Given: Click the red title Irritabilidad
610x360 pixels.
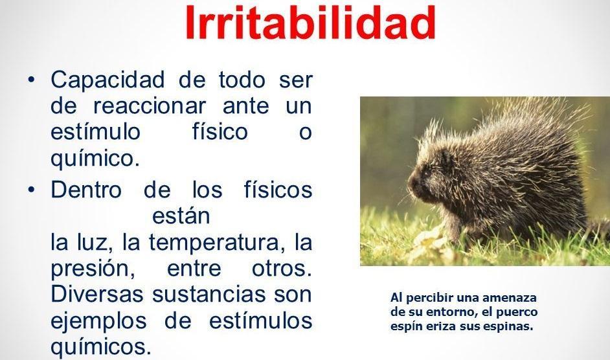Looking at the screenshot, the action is pyautogui.click(x=310, y=22).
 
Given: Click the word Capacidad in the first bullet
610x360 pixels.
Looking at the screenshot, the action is pyautogui.click(x=107, y=80).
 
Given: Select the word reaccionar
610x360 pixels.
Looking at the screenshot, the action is pyautogui.click(x=149, y=106).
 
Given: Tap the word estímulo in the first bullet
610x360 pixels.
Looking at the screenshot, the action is pyautogui.click(x=95, y=131).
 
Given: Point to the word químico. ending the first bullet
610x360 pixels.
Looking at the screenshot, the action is pyautogui.click(x=95, y=158).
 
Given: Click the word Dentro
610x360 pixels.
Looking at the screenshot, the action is pyautogui.click(x=86, y=190).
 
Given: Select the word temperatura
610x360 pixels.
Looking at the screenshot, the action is pyautogui.click(x=214, y=242).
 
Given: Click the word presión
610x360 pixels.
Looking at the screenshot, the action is pyautogui.click(x=93, y=269).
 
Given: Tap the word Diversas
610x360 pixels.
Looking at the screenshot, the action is pyautogui.click(x=97, y=294).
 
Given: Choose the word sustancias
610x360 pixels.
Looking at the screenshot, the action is pyautogui.click(x=209, y=294).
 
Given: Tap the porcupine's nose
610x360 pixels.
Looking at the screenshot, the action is pyautogui.click(x=411, y=184).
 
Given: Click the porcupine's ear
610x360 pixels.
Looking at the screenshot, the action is pyautogui.click(x=447, y=157).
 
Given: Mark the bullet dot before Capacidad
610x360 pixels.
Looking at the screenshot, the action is pyautogui.click(x=32, y=79).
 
